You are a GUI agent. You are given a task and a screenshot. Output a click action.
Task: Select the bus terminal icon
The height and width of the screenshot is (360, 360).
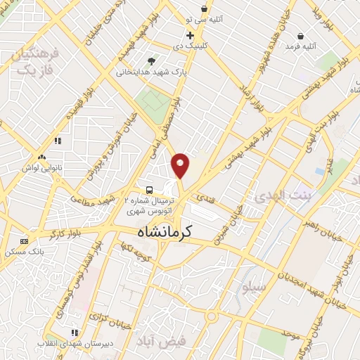coord(149,190)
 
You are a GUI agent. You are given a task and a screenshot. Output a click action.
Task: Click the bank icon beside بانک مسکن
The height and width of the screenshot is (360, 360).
coord(25,241)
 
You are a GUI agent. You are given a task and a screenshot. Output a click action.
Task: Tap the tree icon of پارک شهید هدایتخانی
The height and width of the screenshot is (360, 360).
coord(152,61)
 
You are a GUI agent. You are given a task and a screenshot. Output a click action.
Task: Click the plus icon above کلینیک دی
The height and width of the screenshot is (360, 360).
coord(190,34)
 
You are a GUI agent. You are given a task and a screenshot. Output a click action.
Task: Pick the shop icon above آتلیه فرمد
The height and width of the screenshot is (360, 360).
coord(301,36)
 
